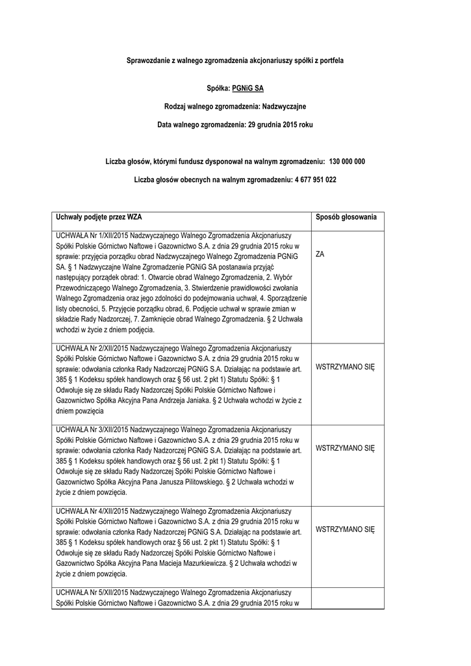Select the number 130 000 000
click(347, 161)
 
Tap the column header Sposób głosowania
click(346, 217)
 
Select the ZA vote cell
click(320, 255)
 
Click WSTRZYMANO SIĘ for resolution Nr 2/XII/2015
click(345, 367)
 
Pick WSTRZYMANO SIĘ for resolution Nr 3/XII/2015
click(345, 449)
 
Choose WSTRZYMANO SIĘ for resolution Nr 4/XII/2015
click(345, 530)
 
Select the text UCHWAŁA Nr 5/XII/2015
click(93, 593)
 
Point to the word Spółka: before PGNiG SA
click(219, 86)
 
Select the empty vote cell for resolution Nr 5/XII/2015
click(346, 598)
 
